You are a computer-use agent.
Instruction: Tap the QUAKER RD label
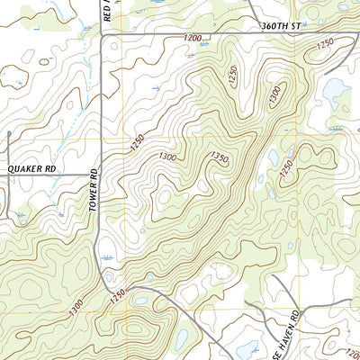pyautogui.click(x=31, y=167)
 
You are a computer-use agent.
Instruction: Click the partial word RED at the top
pyautogui.click(x=106, y=11)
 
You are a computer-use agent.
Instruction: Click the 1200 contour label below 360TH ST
pyautogui.click(x=192, y=39)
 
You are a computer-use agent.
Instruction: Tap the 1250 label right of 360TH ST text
pyautogui.click(x=325, y=42)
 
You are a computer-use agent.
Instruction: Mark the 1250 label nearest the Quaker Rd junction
pyautogui.click(x=137, y=143)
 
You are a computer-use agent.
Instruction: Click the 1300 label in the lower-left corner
pyautogui.click(x=79, y=310)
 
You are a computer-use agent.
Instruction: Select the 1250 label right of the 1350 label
pyautogui.click(x=286, y=166)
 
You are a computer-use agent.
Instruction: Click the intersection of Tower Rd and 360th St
pyautogui.click(x=100, y=34)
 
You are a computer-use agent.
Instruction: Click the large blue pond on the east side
pyautogui.click(x=335, y=90)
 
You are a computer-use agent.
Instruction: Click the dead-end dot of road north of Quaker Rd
pyautogui.click(x=8, y=134)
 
